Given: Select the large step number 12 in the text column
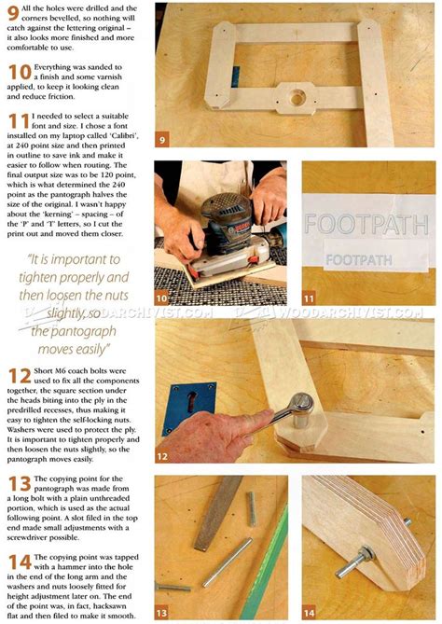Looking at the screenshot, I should coord(19,378).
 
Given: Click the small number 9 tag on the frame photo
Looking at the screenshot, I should coord(162,141).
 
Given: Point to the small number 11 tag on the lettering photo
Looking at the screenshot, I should coord(309,298).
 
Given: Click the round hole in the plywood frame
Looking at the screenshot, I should coord(297,97).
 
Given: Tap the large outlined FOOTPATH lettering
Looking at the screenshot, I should coord(355,225).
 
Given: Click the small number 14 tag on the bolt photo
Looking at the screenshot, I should coord(310,612).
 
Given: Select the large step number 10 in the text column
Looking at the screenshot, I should coord(19,73).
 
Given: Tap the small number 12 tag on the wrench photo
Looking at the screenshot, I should coord(162,457).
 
